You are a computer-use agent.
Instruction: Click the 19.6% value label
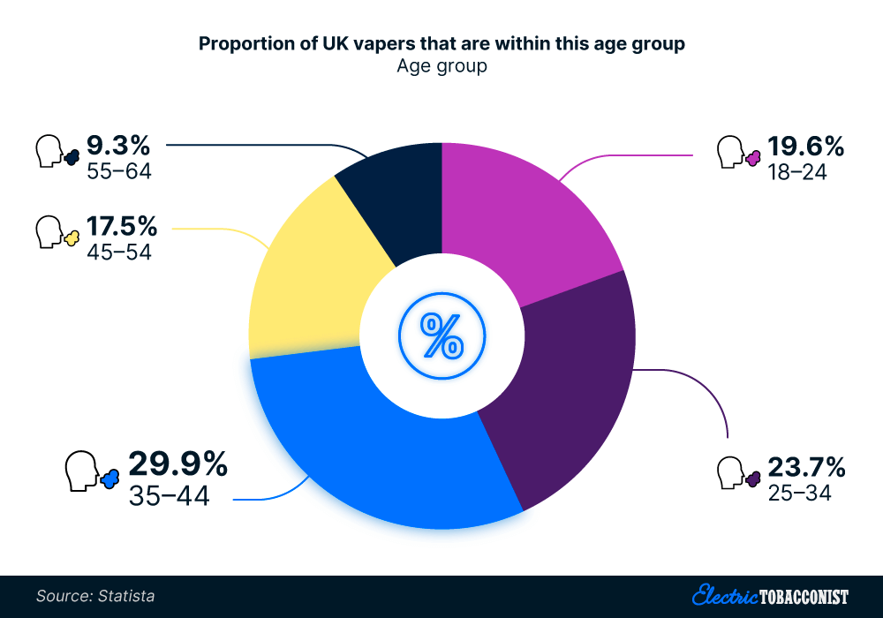coord(805,147)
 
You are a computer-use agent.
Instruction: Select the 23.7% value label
coord(805,467)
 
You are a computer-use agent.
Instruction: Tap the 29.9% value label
coord(178,464)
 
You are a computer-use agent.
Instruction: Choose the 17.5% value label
coord(122,226)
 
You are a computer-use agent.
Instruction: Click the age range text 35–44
coord(169,496)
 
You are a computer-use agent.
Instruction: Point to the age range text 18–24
coord(796,172)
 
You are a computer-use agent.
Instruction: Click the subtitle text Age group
coord(441,66)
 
